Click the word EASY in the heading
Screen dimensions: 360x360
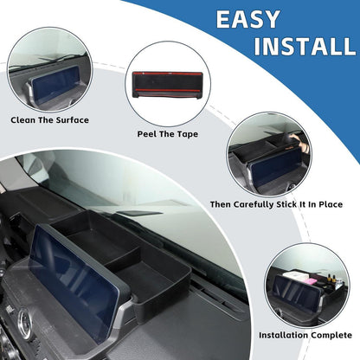247,19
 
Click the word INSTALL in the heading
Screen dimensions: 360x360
305,46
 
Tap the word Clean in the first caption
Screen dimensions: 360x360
23,120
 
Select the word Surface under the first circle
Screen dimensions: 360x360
73,120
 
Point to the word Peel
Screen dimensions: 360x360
147,134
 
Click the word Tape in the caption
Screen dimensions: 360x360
188,134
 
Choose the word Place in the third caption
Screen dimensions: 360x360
331,204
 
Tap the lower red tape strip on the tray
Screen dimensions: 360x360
168,91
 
